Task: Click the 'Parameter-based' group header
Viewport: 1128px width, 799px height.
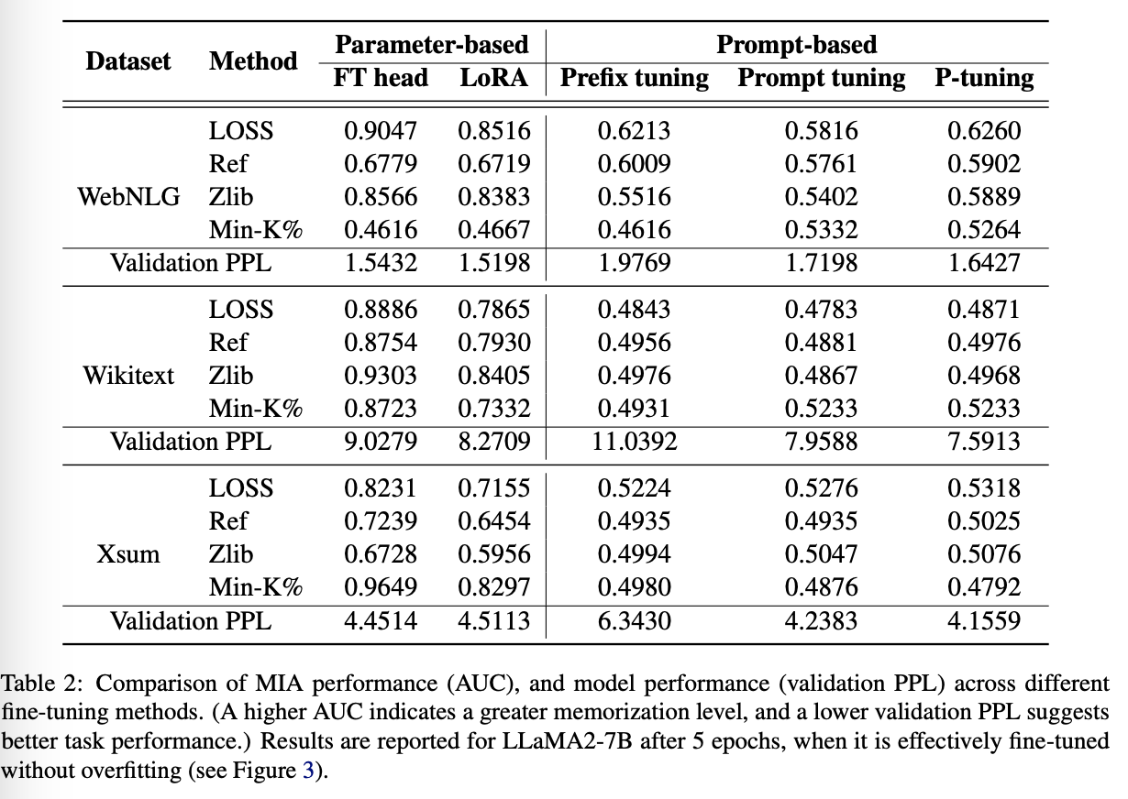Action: tap(432, 45)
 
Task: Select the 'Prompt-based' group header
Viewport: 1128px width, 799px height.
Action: tap(797, 45)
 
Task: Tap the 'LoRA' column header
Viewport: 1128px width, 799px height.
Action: tap(494, 78)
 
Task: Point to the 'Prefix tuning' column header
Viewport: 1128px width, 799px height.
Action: tap(635, 79)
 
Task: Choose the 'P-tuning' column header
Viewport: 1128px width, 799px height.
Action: tap(984, 79)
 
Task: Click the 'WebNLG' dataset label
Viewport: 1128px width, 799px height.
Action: tap(129, 197)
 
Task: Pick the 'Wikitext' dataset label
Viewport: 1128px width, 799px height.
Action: tap(128, 376)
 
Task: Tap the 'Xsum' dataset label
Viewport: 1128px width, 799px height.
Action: tap(128, 554)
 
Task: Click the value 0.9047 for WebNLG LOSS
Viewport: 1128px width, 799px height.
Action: tap(381, 131)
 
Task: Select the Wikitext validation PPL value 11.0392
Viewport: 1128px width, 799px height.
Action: tap(635, 442)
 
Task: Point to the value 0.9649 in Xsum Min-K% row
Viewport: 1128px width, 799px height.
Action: tap(381, 587)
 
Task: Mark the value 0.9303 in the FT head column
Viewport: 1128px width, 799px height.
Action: tap(381, 376)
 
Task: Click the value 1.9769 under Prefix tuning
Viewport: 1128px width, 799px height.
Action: tap(635, 263)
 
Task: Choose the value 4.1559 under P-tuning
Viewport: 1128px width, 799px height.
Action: tap(984, 620)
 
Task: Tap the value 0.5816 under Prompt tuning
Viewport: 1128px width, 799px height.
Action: tap(822, 131)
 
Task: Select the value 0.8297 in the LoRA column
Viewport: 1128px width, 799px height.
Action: tap(494, 587)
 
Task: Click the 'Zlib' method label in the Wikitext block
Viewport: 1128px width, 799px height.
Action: tap(230, 376)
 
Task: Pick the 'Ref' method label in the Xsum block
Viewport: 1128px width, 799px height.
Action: tap(228, 521)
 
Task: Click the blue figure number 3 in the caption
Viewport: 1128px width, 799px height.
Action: tap(308, 770)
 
